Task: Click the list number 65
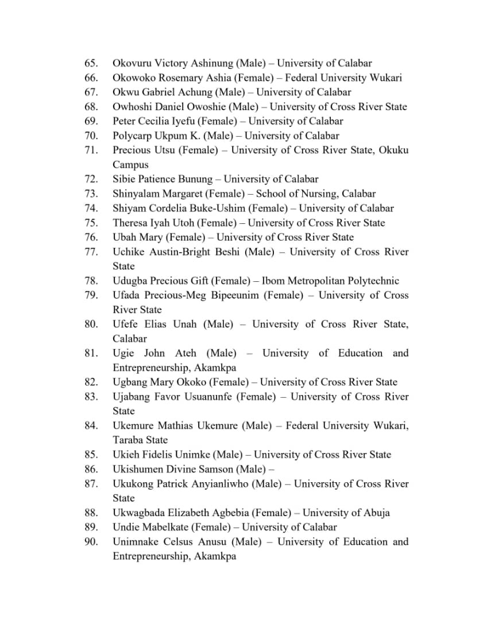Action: [91, 63]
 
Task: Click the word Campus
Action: [130, 165]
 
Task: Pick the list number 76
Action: [91, 237]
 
